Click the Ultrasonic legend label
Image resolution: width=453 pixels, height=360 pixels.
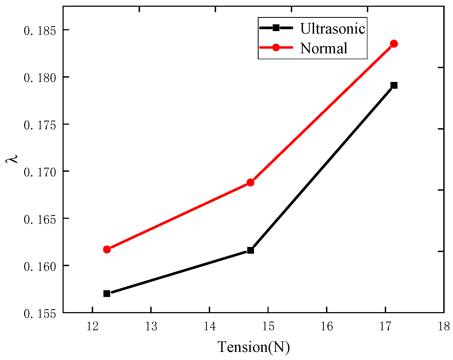[x=333, y=28]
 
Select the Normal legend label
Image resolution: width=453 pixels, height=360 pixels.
[x=324, y=48]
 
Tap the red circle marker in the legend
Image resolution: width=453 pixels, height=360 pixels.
[x=276, y=47]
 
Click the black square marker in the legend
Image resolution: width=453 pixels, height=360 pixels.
[x=276, y=28]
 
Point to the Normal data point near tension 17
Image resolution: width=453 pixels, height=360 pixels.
[x=394, y=44]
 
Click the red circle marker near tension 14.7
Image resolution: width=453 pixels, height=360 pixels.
[x=250, y=183]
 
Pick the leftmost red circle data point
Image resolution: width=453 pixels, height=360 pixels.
[x=107, y=249]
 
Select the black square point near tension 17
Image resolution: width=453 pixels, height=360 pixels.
[x=394, y=85]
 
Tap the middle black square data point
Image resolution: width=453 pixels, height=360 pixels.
[x=250, y=250]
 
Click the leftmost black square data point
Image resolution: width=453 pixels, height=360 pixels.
[x=107, y=293]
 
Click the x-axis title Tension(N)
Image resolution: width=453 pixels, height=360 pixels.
[x=254, y=347]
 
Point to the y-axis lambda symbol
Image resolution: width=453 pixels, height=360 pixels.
[x=12, y=158]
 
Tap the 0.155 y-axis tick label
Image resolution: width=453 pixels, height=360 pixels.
[x=40, y=314]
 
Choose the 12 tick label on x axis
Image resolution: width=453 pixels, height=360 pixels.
[x=92, y=326]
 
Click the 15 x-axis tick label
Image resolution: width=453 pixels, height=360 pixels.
[x=268, y=326]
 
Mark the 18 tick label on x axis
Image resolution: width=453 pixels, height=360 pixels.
[x=444, y=326]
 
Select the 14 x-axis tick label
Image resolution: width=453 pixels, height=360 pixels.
[x=210, y=326]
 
